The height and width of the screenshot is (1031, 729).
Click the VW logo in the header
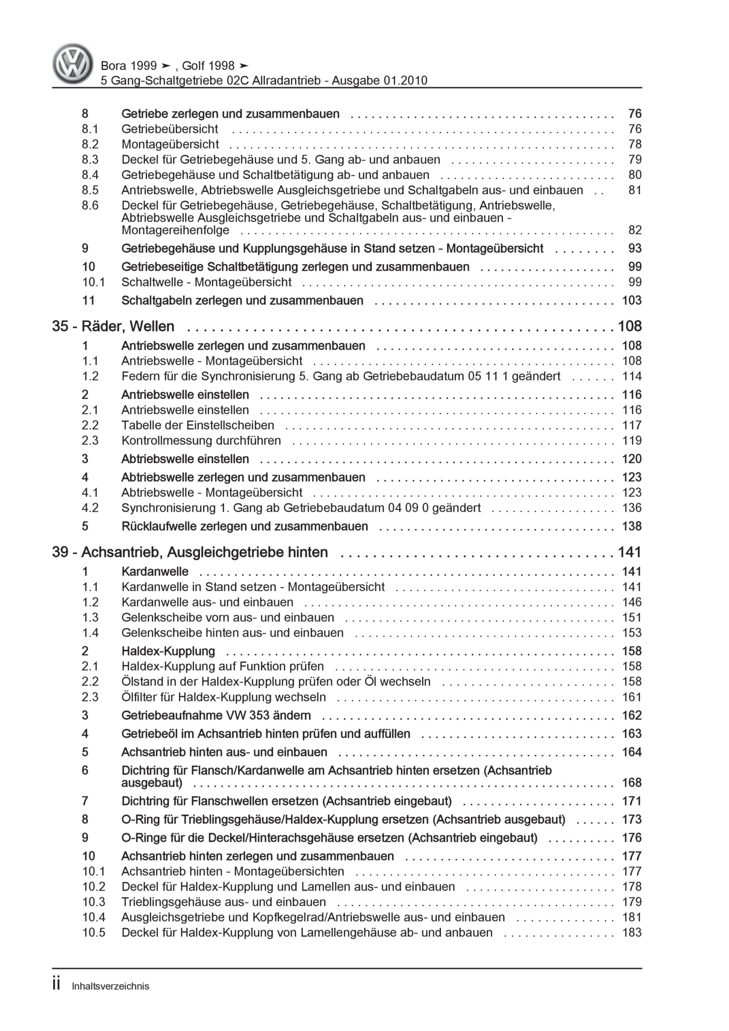coord(73,64)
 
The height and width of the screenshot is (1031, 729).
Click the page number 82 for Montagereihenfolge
coord(634,230)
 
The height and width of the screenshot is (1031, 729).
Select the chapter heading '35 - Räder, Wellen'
coord(113,326)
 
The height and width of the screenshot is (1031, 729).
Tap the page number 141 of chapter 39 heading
coord(629,552)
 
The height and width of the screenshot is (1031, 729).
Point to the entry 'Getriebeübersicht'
coord(169,129)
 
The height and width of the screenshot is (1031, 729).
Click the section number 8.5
coord(90,190)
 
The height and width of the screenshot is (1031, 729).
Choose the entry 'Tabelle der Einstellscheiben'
coord(197,425)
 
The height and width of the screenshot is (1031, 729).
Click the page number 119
coord(631,441)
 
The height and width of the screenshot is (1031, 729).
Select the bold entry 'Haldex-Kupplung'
coord(168,651)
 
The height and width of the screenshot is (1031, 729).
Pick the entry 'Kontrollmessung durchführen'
coord(201,441)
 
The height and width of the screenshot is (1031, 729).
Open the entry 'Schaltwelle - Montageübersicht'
coord(206,282)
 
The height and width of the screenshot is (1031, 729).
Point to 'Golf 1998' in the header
coord(208,66)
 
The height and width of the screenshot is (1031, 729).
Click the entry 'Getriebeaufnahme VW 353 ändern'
coord(216,715)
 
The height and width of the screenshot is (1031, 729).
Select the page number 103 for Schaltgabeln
coord(631,300)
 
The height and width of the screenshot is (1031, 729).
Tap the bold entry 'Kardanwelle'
coord(155,571)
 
